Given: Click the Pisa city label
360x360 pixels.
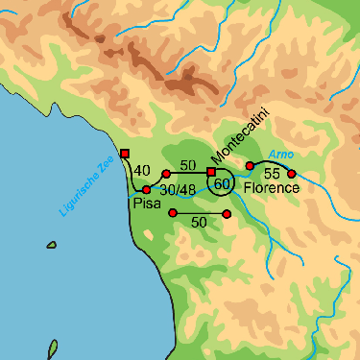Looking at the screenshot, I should point(146,204).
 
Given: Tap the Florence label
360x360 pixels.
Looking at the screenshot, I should point(272,188).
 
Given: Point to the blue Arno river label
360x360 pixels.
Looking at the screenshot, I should point(279,154).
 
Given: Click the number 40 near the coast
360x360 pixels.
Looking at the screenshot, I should point(142,171).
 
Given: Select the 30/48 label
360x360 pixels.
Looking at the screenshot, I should point(178,190).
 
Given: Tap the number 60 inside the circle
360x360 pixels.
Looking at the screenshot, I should point(222,183).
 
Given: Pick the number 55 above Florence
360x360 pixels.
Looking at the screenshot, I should point(271,174).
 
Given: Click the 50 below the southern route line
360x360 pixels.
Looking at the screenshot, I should point(199,222).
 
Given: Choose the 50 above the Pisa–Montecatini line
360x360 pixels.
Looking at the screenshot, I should point(188,165).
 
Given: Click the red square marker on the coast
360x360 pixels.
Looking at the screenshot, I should point(124,154).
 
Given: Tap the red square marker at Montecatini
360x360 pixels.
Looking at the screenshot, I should point(211,172).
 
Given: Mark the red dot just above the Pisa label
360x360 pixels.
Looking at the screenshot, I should point(147,190).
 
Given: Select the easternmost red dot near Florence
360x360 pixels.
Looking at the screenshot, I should point(292,174).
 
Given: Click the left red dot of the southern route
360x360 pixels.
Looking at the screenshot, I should point(172,212).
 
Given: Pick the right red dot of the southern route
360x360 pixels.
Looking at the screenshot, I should point(227,213).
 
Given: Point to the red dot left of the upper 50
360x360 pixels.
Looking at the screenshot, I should point(166,174).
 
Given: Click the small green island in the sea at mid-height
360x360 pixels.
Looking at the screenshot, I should point(51,245).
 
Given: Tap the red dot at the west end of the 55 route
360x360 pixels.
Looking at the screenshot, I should point(250,166).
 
